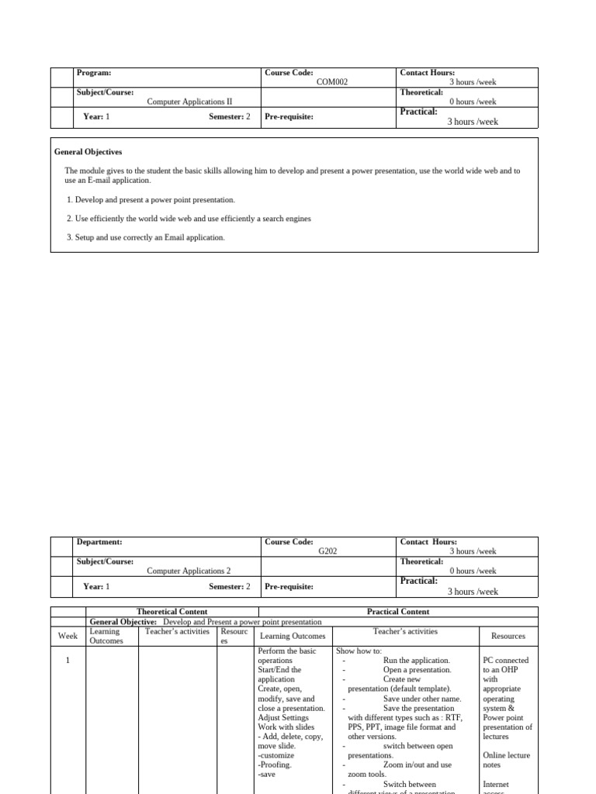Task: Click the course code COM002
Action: click(x=327, y=82)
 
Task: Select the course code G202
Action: click(x=327, y=551)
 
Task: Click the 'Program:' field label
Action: click(x=94, y=73)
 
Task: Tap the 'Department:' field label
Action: click(x=99, y=542)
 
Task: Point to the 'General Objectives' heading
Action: click(x=88, y=152)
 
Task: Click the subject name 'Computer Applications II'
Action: click(x=189, y=102)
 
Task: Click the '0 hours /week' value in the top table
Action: click(x=473, y=102)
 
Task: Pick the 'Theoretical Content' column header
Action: click(x=172, y=612)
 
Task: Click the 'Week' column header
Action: click(x=68, y=636)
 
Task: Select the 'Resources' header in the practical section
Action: click(x=508, y=636)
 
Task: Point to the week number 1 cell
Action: click(x=68, y=660)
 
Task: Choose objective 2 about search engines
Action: click(x=189, y=219)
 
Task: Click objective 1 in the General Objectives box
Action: click(x=151, y=200)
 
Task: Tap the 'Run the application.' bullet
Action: click(x=416, y=660)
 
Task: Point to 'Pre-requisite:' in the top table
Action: click(x=289, y=117)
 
